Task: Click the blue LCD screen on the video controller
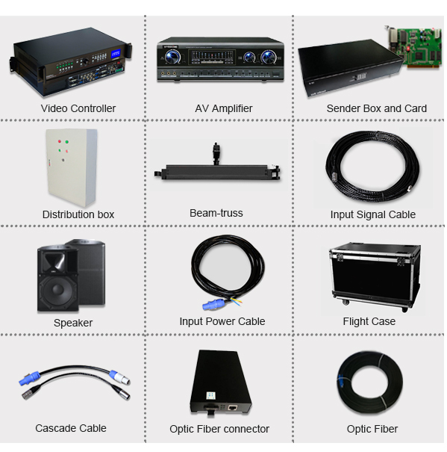[116, 55]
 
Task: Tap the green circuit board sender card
[413, 47]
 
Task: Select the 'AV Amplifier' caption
[224, 108]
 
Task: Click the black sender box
[350, 68]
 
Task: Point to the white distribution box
[72, 167]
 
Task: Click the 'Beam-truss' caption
[216, 213]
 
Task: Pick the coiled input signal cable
[372, 167]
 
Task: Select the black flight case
[374, 276]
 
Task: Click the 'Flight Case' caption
[369, 321]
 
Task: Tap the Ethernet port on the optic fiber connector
[232, 408]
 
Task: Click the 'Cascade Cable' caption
[71, 428]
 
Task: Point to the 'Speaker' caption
[73, 323]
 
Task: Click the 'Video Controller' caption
[78, 108]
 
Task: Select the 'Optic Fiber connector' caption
[219, 429]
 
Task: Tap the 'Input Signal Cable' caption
[372, 214]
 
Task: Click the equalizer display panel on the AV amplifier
[212, 57]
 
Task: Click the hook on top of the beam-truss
[216, 152]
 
